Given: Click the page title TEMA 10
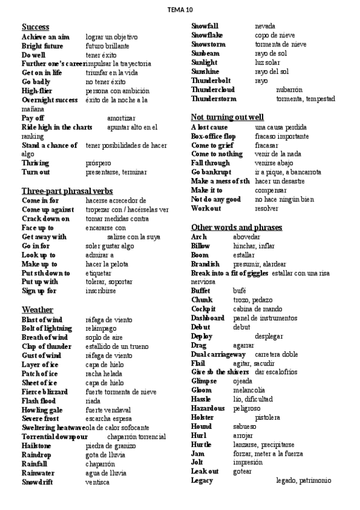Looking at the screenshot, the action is [180, 10].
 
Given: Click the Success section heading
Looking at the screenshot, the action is [35, 27].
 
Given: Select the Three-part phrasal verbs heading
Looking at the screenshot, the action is [67, 191].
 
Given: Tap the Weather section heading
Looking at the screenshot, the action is [37, 310].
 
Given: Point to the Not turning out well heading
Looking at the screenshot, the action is [227, 117].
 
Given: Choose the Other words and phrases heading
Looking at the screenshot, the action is [236, 227].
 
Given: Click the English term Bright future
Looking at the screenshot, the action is [42, 46].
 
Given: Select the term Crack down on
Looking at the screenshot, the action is [46, 219].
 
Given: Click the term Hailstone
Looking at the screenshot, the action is [37, 446].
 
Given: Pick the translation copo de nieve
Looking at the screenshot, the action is [275, 35].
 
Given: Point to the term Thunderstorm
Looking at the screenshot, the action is [213, 99].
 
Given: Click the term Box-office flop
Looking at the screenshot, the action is [213, 136].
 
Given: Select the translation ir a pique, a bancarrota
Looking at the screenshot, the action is [288, 172].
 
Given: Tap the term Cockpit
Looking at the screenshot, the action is [204, 309].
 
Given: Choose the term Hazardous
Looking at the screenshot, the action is [208, 408].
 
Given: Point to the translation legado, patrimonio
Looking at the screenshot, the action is [304, 480].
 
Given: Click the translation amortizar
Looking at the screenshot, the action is [121, 118].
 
